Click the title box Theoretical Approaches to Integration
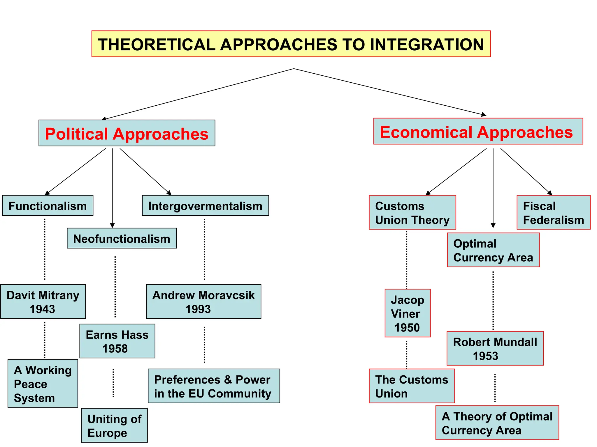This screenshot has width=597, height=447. pos(291,44)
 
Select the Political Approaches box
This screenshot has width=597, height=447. pos(127,133)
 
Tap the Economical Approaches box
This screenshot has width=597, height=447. pos(478,131)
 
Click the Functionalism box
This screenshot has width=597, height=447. pos(48,205)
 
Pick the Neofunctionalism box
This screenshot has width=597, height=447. pos(122,238)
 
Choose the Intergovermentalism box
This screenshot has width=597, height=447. pos(205,205)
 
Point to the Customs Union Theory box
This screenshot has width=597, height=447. pos(412,212)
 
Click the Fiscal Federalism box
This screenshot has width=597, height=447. pos(553,212)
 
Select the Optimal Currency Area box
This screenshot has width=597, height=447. pos(493,250)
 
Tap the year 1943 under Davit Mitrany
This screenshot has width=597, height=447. pos(42,309)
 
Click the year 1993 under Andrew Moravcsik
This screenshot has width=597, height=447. pos(198,309)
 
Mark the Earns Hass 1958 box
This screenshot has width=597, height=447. pos(117,341)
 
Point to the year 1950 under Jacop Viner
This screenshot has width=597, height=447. pos(407,328)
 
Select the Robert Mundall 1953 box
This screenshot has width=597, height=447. pos(495,348)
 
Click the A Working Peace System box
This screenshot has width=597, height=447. pos(43,384)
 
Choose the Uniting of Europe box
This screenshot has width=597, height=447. pos(114,425)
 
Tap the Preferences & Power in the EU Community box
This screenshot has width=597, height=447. pos(214,386)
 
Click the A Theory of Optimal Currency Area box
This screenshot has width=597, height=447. pos(497,423)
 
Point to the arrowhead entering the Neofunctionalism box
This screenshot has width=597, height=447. pos(112,226)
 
